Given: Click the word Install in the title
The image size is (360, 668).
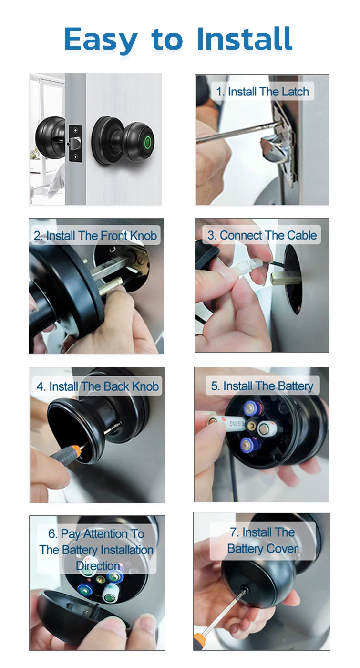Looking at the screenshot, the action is pos(244,39).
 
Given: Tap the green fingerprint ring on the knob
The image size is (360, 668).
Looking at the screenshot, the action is pos(148,141).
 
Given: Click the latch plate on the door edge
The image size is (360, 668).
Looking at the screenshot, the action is pos(76,144).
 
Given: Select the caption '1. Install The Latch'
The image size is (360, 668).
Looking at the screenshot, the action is pos(263,92).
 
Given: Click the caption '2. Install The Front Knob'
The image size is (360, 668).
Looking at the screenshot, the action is pos(95,236).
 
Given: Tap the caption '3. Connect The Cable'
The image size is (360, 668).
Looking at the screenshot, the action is pos(262,235).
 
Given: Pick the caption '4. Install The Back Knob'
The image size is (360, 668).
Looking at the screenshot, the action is pos(97,386).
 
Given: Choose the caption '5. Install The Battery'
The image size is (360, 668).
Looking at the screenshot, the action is pos(262,386).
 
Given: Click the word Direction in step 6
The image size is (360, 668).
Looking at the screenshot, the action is pos(98,566).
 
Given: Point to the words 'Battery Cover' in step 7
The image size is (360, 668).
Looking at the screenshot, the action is pos(263,549).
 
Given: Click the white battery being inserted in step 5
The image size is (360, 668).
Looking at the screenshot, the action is pos(229,423).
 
